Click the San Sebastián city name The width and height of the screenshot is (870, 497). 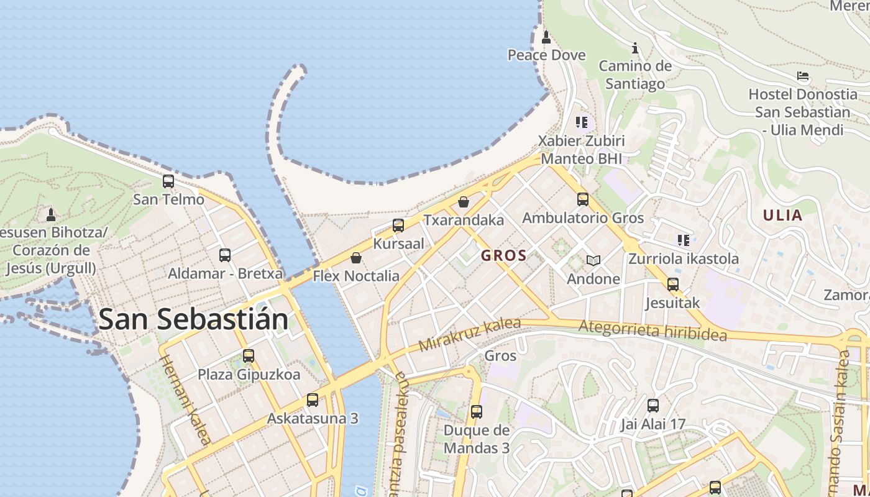[x=193, y=319]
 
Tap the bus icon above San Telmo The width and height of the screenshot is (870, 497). [x=168, y=181]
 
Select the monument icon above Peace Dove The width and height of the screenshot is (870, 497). [x=546, y=37]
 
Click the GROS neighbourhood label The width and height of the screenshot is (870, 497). [x=504, y=255]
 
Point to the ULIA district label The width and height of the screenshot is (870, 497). [x=782, y=216]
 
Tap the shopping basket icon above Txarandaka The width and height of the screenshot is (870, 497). [x=463, y=202]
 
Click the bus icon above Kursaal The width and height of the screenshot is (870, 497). [x=398, y=226]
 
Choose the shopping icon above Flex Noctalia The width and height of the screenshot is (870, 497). [x=356, y=258]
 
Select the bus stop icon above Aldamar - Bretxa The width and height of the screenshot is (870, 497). [x=225, y=255]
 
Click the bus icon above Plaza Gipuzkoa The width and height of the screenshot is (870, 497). [x=249, y=356]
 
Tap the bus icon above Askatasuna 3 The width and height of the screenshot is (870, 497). [x=313, y=400]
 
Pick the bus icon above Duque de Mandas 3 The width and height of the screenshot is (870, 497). [x=477, y=411]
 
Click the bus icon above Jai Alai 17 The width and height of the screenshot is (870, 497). [x=653, y=406]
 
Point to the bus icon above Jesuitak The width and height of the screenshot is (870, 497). [x=673, y=285]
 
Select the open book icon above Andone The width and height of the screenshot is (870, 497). [x=593, y=261]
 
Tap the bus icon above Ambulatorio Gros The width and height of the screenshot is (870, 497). [x=583, y=199]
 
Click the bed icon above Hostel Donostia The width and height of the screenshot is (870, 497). [x=803, y=76]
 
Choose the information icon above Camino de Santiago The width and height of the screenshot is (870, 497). [x=635, y=48]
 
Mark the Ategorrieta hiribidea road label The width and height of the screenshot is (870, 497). [x=652, y=331]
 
